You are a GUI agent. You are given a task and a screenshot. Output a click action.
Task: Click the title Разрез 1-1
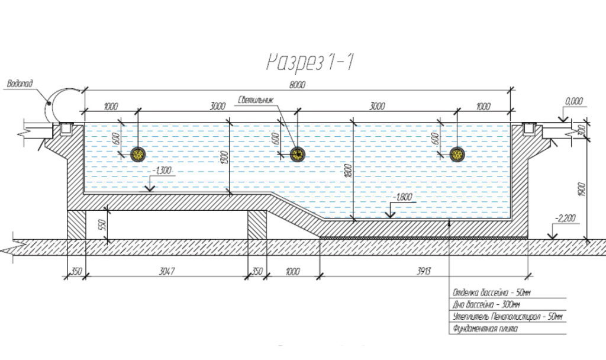click(x=310, y=62)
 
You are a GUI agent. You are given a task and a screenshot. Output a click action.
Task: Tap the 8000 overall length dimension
click(x=297, y=85)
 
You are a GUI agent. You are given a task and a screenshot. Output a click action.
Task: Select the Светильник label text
click(x=257, y=99)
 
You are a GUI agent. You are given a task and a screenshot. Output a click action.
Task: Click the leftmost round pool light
click(x=138, y=155)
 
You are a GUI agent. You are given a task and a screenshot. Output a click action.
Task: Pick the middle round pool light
click(x=298, y=155)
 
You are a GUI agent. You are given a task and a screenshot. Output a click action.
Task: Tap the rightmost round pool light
click(x=457, y=155)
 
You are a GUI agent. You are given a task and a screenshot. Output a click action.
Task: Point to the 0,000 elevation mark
click(x=574, y=101)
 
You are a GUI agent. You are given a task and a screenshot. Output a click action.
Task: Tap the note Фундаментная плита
click(x=484, y=329)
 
